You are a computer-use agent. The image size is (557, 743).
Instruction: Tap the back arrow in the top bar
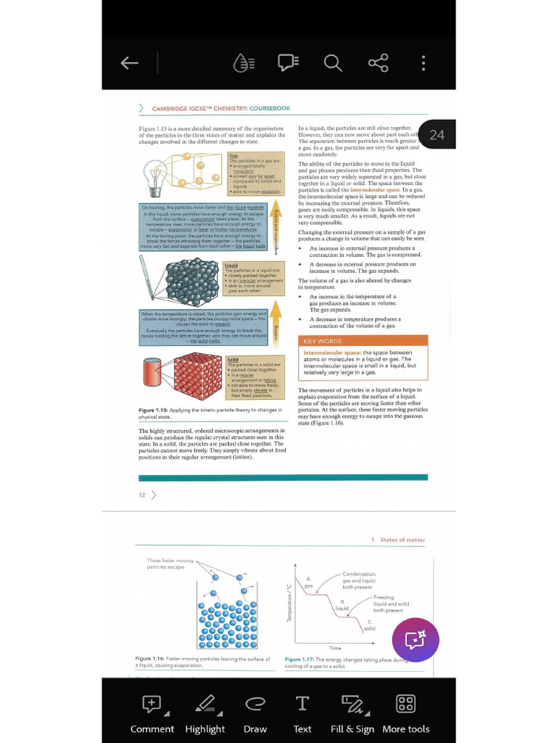point(130,63)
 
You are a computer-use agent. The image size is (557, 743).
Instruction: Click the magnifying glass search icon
point(333,63)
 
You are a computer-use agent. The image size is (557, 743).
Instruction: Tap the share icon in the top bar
point(378,63)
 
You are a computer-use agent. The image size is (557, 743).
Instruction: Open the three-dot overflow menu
point(424,63)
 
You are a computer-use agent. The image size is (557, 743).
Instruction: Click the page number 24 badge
point(437,134)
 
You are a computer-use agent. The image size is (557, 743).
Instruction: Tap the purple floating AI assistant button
point(416,639)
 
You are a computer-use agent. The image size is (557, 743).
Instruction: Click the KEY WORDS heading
point(322,341)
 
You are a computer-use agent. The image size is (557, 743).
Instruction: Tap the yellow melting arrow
point(275,331)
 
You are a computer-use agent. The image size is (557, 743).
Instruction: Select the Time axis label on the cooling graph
point(335,648)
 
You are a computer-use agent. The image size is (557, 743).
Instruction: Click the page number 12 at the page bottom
point(142,495)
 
